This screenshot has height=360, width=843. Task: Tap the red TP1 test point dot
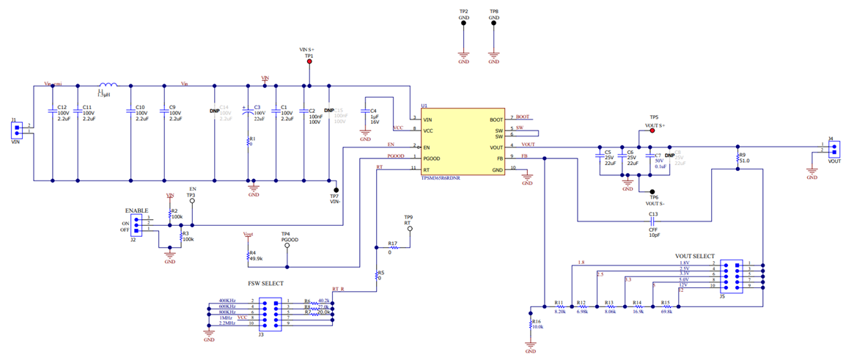(x=309, y=62)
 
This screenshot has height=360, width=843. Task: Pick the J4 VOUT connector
(x=834, y=148)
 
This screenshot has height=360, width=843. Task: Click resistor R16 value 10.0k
(x=537, y=327)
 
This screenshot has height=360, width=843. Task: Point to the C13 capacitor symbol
(x=652, y=221)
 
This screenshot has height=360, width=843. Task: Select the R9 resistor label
(x=743, y=155)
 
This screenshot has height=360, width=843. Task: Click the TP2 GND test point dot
(x=463, y=23)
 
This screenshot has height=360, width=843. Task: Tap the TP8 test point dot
(x=494, y=23)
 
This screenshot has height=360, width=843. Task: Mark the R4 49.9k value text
(x=256, y=259)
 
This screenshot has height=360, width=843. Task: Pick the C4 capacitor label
(x=373, y=111)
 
